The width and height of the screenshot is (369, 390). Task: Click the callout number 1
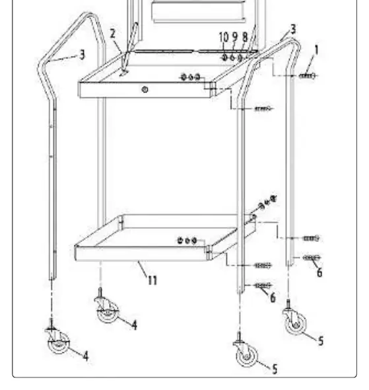(316, 50)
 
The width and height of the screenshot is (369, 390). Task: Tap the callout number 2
(113, 34)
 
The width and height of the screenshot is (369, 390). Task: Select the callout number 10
(224, 37)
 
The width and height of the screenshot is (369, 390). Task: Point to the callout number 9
(234, 37)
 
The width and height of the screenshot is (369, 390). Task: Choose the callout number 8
(245, 37)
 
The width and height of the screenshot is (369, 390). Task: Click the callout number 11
(152, 280)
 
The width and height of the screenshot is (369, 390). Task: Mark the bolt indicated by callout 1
(308, 75)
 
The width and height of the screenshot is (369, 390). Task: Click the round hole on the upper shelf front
(145, 89)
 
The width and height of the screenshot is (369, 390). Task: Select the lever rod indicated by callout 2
(129, 49)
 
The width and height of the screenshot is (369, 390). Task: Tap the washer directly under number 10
(224, 58)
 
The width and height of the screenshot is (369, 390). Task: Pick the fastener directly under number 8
(240, 58)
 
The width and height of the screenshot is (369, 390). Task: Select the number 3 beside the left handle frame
(83, 55)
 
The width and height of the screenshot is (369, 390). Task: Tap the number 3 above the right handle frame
(293, 29)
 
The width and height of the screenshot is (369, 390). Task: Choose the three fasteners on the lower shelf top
(187, 241)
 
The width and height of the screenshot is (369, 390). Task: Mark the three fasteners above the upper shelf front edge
(191, 77)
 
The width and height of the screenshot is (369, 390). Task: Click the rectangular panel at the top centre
(198, 12)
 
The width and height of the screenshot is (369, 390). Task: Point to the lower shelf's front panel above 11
(141, 253)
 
